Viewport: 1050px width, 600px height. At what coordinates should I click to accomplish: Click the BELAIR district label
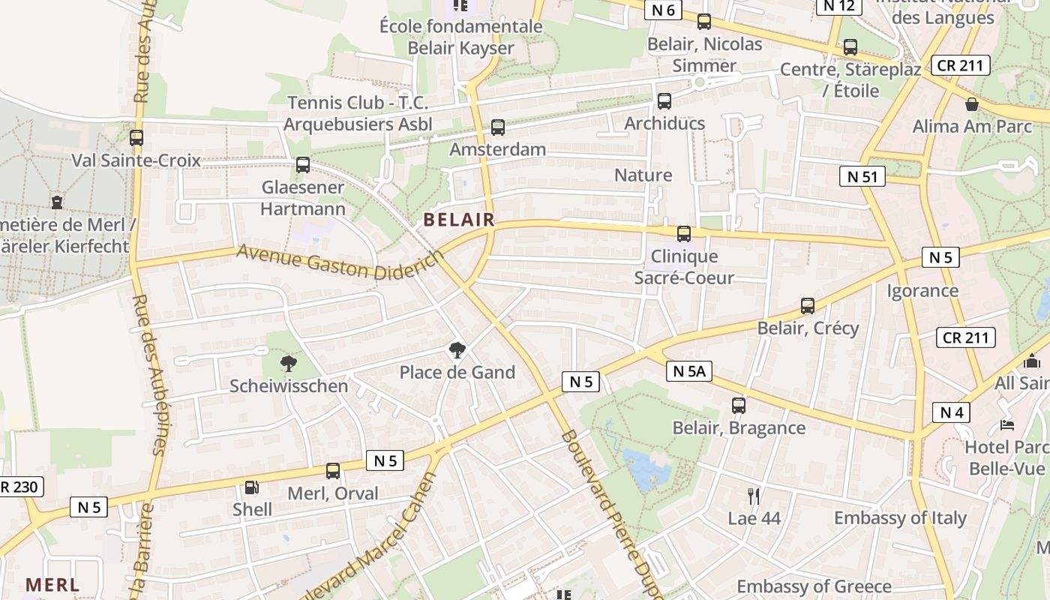tap(459, 220)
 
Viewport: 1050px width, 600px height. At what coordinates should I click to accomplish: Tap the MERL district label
tap(52, 584)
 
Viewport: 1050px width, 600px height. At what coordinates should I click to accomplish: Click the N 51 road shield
tap(862, 177)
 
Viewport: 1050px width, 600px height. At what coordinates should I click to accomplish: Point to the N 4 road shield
tap(951, 412)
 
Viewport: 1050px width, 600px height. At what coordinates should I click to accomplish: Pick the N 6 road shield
tap(663, 10)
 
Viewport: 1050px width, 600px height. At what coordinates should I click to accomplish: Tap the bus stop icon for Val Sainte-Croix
tap(136, 138)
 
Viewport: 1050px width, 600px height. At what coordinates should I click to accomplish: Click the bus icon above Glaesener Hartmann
tap(303, 165)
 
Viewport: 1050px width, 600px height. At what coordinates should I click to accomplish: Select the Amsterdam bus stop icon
tap(498, 127)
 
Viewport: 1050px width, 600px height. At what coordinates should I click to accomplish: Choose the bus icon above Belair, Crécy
tap(808, 306)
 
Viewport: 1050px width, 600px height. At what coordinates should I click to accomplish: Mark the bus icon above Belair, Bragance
tap(739, 406)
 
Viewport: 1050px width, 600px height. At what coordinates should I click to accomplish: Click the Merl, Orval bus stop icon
tap(333, 471)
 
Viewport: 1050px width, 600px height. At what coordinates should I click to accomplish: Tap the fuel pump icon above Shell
tap(253, 487)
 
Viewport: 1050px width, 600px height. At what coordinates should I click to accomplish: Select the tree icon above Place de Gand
tap(457, 349)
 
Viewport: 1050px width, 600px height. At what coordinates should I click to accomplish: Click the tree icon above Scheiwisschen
tap(289, 364)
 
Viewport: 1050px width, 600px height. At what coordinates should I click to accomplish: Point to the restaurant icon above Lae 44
tap(754, 496)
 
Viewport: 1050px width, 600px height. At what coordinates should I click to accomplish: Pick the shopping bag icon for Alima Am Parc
tap(972, 104)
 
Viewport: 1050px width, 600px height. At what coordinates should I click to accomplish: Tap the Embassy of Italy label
tap(900, 517)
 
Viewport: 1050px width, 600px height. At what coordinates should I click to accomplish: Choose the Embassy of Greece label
tap(814, 586)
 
